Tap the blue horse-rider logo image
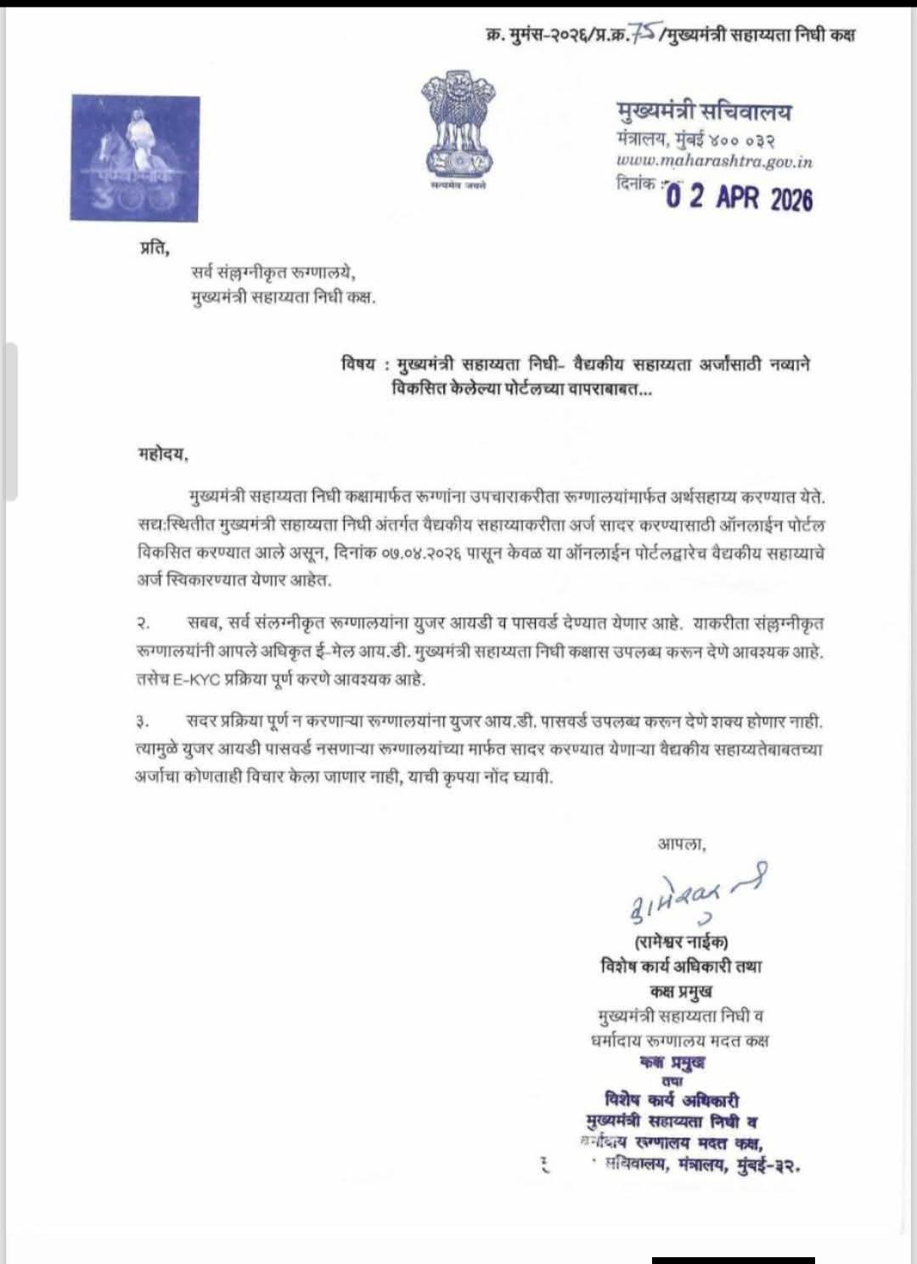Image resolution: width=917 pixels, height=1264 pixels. (135, 158)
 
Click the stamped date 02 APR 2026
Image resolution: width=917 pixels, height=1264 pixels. (739, 197)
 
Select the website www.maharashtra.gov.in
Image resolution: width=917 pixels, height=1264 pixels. (714, 161)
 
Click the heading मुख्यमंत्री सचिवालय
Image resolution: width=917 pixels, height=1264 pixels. (704, 111)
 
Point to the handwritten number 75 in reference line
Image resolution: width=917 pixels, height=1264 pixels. (643, 32)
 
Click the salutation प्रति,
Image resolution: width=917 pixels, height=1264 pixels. (155, 248)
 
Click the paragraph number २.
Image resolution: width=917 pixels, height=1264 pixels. (143, 624)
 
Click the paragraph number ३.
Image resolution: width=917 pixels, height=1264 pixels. (143, 723)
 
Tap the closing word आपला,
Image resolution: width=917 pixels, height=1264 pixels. (681, 844)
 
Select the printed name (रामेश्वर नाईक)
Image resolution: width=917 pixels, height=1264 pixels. (681, 941)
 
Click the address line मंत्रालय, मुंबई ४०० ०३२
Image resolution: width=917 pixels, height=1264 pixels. (696, 138)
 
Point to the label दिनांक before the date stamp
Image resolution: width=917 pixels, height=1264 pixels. (636, 183)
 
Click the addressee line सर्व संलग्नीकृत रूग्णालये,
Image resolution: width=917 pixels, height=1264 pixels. (273, 274)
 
